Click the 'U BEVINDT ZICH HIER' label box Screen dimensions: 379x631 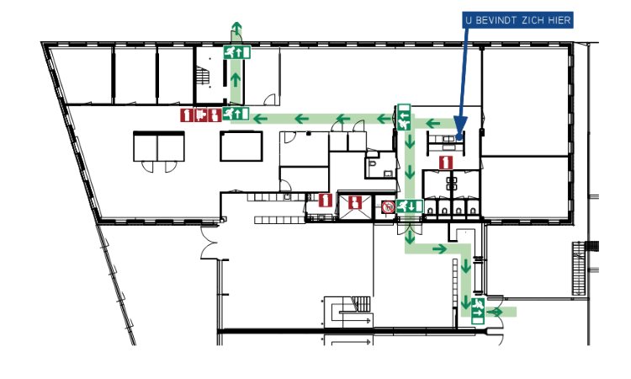(517, 19)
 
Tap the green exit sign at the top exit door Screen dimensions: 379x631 (236, 51)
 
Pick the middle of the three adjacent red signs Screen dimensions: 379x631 (201, 114)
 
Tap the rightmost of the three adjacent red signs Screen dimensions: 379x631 (216, 114)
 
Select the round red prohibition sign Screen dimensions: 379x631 (388, 206)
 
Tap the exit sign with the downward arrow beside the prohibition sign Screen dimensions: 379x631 (410, 206)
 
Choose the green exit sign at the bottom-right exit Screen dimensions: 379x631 (478, 309)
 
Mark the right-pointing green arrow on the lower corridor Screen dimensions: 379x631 (438, 248)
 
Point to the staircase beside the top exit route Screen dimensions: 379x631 (204, 77)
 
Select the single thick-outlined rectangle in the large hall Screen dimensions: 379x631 (241, 146)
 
